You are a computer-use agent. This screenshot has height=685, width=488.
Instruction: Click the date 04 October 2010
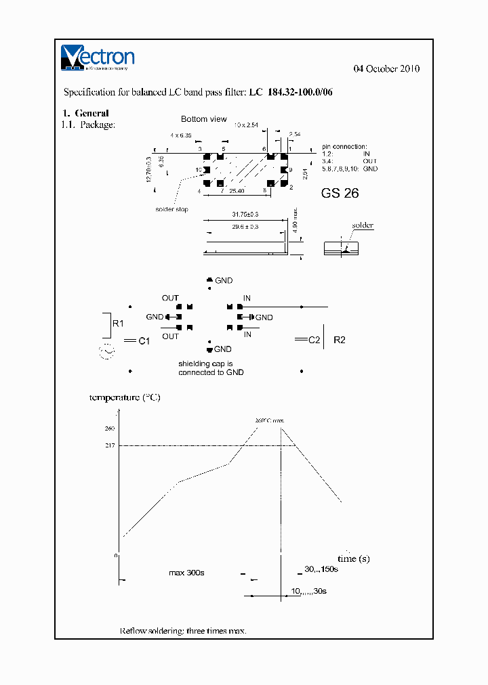click(387, 69)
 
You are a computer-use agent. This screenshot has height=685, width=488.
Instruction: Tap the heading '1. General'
click(86, 113)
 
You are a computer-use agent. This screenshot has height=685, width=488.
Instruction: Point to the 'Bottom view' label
click(203, 119)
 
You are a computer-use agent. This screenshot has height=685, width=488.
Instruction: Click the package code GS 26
click(340, 193)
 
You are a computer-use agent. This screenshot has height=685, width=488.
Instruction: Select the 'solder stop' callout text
click(171, 209)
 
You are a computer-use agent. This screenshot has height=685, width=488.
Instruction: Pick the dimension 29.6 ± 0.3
click(245, 227)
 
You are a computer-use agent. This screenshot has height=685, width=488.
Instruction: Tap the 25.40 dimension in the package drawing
click(237, 192)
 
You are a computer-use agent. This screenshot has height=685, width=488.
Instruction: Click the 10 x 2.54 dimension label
click(247, 125)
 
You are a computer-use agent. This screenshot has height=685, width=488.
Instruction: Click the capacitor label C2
click(314, 340)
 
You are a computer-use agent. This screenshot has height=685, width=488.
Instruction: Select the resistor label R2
click(340, 340)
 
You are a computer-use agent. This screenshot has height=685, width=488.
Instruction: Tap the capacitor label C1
click(144, 342)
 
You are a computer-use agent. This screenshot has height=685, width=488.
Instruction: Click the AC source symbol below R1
click(107, 351)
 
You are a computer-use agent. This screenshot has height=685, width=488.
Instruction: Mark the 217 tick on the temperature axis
click(110, 445)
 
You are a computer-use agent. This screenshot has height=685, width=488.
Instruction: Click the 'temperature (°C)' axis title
click(125, 397)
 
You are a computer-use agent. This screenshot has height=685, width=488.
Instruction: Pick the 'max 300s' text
click(186, 573)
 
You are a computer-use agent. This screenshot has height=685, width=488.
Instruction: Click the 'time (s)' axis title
click(353, 558)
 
